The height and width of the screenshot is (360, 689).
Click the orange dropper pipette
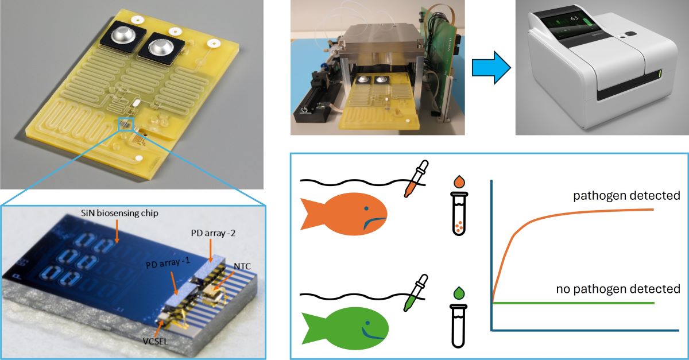(412, 180)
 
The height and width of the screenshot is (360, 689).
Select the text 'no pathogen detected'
(618, 289)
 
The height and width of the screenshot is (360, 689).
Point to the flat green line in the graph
(574, 303)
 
